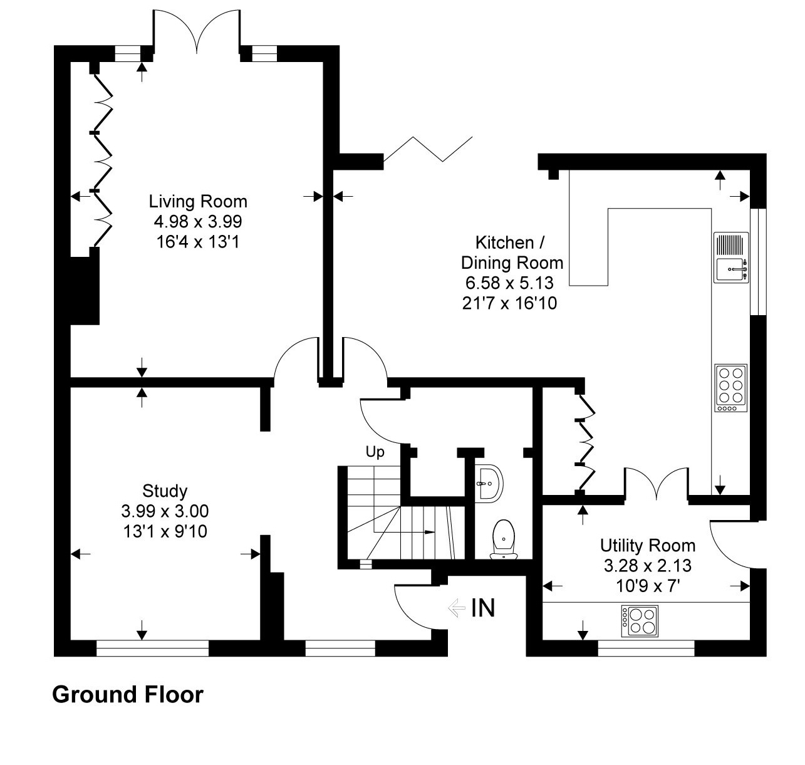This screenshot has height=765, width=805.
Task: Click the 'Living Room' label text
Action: pos(198,202)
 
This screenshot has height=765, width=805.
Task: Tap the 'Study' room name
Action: pos(165,491)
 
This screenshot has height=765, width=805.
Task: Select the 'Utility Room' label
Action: pos(647,545)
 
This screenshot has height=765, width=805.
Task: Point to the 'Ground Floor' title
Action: pos(128,695)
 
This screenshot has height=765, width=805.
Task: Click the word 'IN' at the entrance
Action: pos(483,608)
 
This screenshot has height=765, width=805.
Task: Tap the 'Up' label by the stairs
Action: pos(375,452)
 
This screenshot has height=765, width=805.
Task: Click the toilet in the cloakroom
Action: pos(503,538)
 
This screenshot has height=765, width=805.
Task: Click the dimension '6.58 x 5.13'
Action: pos(507,283)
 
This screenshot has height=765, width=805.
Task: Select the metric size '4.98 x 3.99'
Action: pos(198,222)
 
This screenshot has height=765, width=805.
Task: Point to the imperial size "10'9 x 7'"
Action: pos(647,586)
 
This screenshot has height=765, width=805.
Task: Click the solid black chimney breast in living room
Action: pos(84,291)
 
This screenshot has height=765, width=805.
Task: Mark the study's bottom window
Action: pos(152,648)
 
